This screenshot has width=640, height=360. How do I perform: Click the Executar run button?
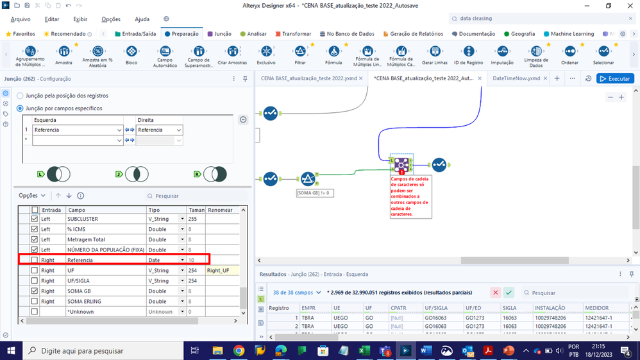coord(615,78)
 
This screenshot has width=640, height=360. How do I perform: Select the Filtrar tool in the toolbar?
coord(299,55)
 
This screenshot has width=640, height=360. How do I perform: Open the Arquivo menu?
coord(21,19)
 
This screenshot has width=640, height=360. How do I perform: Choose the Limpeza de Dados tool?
coord(536,55)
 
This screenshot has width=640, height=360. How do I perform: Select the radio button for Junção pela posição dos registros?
coord(21,96)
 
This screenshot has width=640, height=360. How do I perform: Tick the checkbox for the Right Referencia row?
coord(35,260)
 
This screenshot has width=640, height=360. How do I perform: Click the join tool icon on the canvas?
coord(401,164)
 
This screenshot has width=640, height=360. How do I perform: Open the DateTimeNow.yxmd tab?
coord(516,78)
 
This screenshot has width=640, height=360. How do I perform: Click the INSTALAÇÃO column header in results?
coord(550,308)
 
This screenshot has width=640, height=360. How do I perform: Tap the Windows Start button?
coord(12,350)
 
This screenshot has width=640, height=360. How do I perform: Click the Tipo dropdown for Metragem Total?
coord(181,239)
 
